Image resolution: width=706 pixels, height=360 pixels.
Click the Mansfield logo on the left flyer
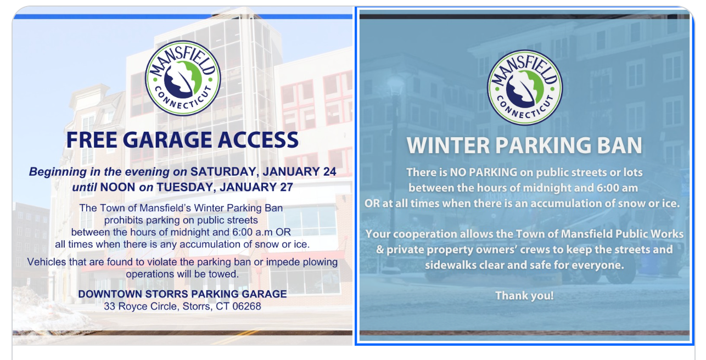click(x=183, y=78)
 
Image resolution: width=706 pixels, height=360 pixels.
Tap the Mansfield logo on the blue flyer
click(x=525, y=88)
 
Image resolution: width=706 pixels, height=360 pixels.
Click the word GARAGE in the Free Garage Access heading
click(x=167, y=140)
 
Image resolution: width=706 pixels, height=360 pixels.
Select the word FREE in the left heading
click(x=92, y=140)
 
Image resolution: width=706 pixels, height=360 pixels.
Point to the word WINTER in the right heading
click(x=448, y=145)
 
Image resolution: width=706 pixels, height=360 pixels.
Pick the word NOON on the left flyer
click(x=117, y=187)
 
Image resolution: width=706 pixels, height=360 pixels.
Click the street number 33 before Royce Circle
click(x=110, y=306)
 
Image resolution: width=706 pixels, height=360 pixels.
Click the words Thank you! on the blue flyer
click(x=524, y=296)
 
